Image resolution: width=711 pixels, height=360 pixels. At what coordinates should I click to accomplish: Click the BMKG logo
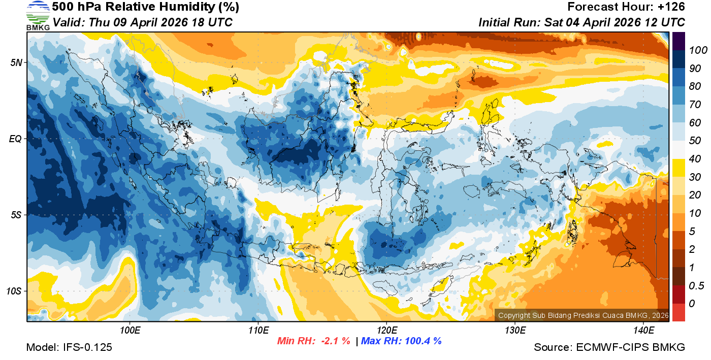pyautogui.click(x=38, y=15)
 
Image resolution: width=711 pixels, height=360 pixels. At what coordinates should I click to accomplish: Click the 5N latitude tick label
pyautogui.click(x=16, y=62)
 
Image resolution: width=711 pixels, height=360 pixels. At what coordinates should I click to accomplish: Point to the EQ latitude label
pyautogui.click(x=16, y=139)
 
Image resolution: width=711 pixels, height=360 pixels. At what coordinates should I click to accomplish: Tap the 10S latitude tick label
pyautogui.click(x=14, y=291)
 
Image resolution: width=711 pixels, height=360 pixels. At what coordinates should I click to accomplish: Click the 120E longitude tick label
pyautogui.click(x=386, y=331)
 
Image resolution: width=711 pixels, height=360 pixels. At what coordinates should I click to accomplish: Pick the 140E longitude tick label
pyautogui.click(x=644, y=331)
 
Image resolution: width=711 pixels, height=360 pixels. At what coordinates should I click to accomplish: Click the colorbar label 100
pyautogui.click(x=694, y=50)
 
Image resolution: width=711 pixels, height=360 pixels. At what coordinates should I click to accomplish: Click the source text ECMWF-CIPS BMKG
pyautogui.click(x=630, y=347)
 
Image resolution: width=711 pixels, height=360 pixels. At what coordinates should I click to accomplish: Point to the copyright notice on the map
pyautogui.click(x=583, y=315)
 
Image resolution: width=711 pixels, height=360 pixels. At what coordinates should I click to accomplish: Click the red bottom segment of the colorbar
pyautogui.click(x=678, y=312)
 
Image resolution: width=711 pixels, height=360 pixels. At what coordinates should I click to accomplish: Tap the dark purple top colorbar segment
pyautogui.click(x=678, y=41)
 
